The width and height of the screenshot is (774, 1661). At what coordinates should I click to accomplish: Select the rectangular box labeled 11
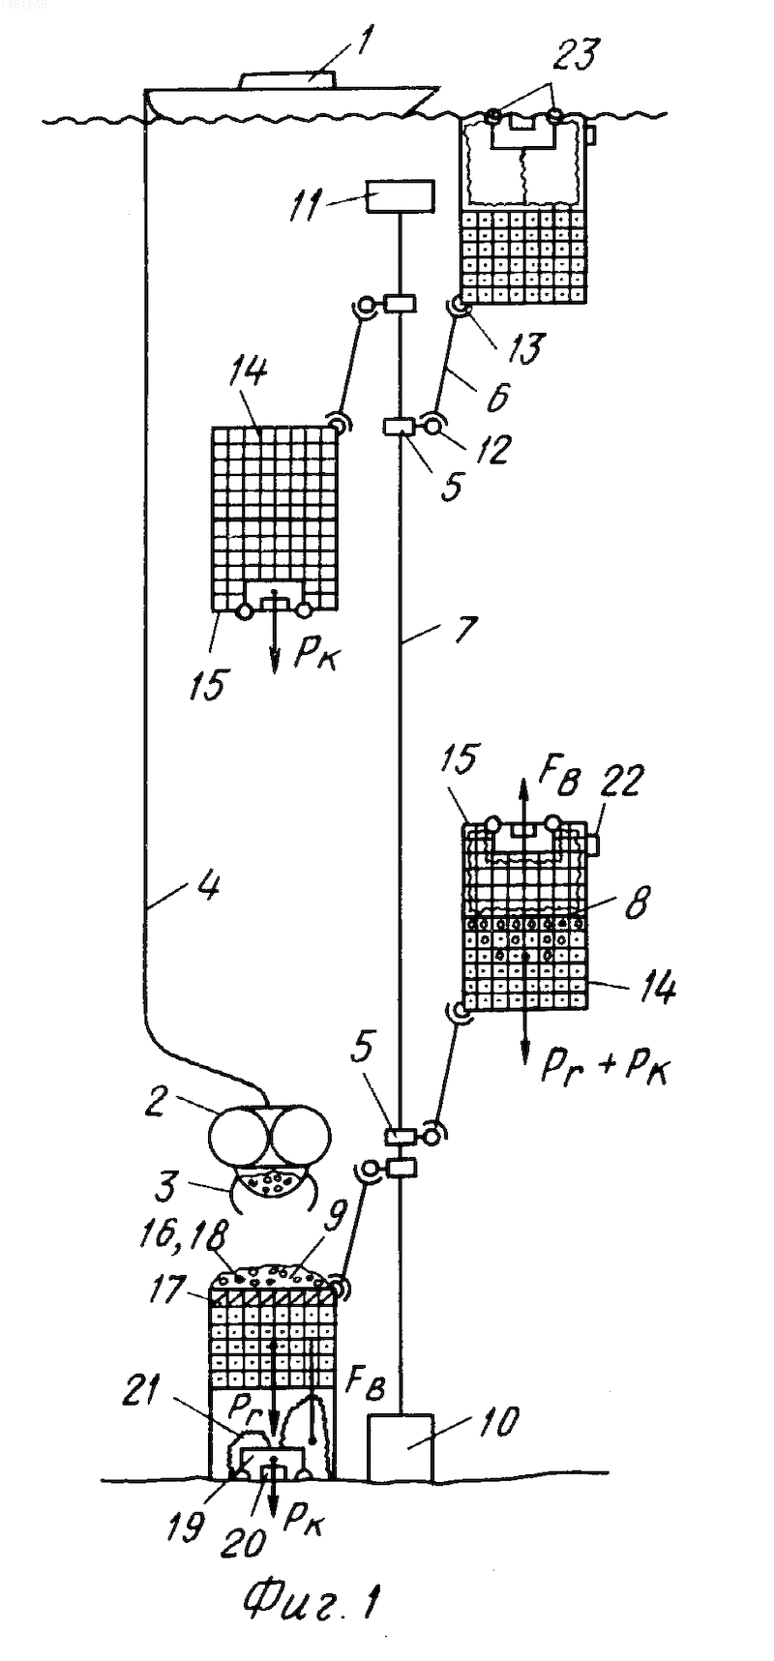click(400, 197)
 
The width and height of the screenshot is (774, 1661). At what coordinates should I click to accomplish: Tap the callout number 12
click(499, 449)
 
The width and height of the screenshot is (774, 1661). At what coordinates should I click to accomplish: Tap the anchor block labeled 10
click(401, 1446)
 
